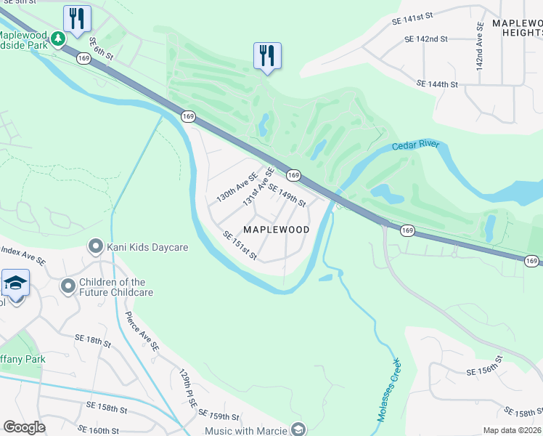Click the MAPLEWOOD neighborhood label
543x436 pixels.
click(x=276, y=230)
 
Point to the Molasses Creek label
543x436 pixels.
click(x=388, y=390)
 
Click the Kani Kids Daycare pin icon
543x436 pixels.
click(x=94, y=247)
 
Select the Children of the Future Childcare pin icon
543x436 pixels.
click(x=68, y=287)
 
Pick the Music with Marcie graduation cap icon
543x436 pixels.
click(x=298, y=430)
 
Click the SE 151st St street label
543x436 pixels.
click(x=241, y=246)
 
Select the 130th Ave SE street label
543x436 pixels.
click(x=237, y=187)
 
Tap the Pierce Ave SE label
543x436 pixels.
click(x=142, y=333)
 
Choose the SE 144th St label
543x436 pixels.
click(x=437, y=84)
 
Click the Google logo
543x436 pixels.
click(x=24, y=427)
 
